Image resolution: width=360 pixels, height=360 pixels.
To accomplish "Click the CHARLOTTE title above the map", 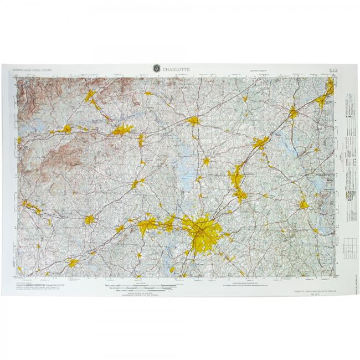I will coord(176,69).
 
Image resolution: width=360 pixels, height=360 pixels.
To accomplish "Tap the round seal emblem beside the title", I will coord(156,69).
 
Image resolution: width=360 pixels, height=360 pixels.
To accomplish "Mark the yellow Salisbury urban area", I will coord(260,143).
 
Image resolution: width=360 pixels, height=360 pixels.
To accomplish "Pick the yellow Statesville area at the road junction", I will coord(193,120).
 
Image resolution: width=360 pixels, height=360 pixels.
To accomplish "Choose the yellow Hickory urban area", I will coord(122,131).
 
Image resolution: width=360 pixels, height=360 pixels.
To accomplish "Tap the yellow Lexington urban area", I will coord(293,112).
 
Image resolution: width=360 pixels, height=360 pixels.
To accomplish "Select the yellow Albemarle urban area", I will coord(304,204).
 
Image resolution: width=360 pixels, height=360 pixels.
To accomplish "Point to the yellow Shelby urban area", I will coord(89,220).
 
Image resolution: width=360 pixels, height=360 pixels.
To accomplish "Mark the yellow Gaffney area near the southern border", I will coord(73,263).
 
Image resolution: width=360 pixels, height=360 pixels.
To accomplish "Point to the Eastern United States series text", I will coord(33,71).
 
